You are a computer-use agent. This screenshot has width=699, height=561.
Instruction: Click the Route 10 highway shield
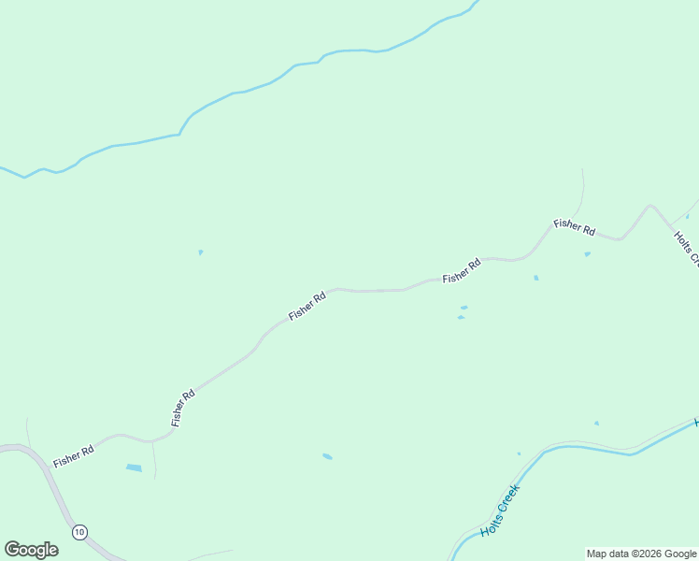[79, 532]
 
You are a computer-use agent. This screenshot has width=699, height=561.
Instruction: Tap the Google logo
[31, 550]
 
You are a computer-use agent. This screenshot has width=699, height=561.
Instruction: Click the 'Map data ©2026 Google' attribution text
[642, 554]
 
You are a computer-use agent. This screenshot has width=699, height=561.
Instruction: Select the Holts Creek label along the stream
[499, 511]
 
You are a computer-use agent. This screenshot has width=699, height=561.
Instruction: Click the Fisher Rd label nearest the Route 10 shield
[74, 456]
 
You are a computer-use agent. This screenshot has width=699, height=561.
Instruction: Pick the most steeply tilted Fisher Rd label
[183, 408]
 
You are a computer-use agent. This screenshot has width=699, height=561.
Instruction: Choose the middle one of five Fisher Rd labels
[307, 306]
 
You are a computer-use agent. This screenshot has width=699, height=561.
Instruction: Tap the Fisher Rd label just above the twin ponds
[462, 271]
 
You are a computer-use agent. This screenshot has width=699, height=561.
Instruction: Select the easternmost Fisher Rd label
[574, 226]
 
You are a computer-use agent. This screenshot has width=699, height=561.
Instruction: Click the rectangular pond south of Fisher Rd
[134, 467]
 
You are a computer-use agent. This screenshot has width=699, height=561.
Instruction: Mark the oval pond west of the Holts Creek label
[327, 456]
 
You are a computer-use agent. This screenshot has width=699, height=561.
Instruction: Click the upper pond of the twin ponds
[464, 307]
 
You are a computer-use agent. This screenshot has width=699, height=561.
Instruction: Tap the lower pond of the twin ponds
[461, 317]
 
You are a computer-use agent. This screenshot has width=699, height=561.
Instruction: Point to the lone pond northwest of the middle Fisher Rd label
[200, 252]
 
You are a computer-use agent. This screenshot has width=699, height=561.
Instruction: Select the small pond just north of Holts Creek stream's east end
[596, 424]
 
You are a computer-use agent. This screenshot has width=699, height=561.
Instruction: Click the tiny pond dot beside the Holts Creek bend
[519, 453]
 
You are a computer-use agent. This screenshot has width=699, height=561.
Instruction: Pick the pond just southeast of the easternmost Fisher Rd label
[587, 253]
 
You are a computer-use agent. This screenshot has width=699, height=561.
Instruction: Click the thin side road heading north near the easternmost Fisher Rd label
[582, 192]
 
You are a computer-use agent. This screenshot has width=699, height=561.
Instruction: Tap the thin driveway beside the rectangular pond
[154, 458]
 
